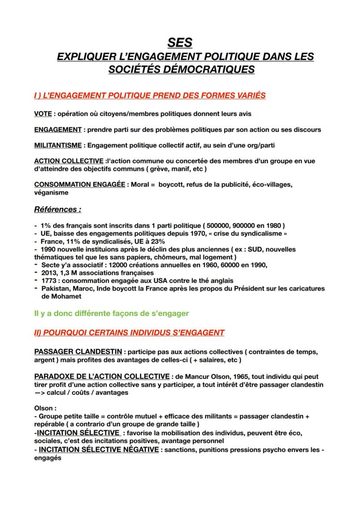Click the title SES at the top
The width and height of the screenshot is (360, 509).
point(180,43)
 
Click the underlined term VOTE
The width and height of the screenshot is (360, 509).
point(43,114)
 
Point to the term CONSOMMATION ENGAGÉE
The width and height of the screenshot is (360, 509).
point(80,184)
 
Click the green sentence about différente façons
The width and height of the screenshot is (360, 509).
point(111,313)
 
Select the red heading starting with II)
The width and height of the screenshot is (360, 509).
point(129,333)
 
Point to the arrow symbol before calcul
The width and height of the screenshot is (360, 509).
point(40,392)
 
